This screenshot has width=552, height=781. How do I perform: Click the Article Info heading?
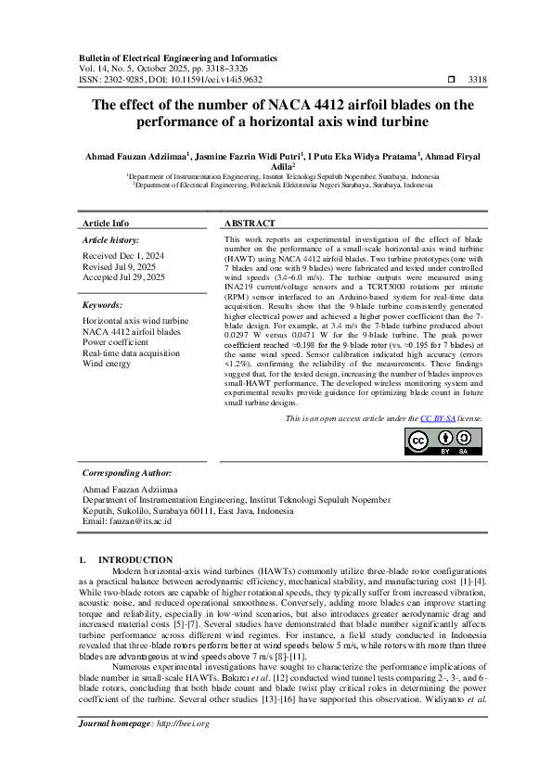click(x=107, y=224)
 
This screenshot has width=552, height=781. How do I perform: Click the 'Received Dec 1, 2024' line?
click(x=123, y=254)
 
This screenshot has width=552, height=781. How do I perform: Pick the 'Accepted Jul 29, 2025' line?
click(x=123, y=276)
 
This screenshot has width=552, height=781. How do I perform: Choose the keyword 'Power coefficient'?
click(x=116, y=341)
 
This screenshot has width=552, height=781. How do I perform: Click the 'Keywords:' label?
click(x=103, y=304)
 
